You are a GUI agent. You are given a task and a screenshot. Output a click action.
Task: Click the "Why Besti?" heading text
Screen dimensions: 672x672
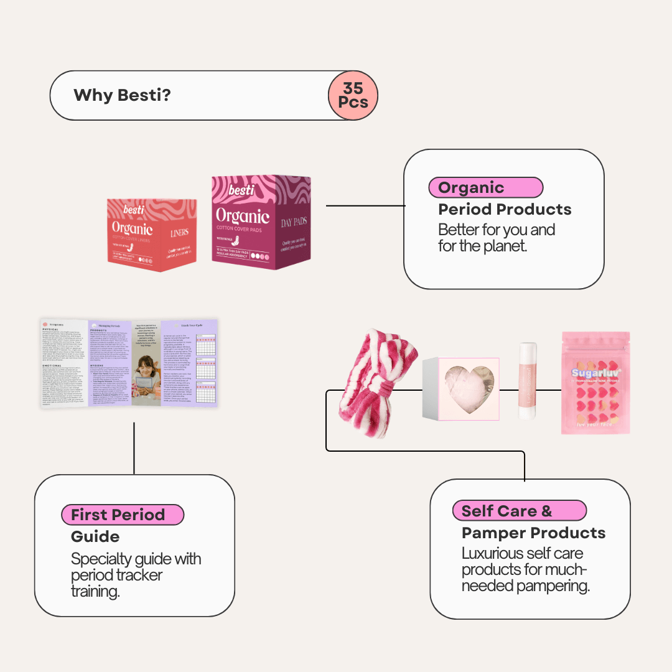click(122, 95)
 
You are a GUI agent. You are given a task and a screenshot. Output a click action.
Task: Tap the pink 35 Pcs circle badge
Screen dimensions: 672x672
click(353, 95)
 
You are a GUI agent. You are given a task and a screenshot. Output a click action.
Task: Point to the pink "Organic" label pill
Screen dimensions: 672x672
click(485, 187)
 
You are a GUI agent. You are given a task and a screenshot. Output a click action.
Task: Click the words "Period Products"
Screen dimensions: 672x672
click(505, 210)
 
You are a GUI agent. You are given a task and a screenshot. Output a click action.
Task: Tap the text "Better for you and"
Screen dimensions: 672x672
click(497, 230)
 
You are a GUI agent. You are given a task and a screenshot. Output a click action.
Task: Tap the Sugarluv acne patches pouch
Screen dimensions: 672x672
click(595, 382)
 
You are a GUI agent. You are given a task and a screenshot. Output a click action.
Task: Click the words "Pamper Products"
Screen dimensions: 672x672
click(533, 533)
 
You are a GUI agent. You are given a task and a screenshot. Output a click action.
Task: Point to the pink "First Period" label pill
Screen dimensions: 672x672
click(123, 515)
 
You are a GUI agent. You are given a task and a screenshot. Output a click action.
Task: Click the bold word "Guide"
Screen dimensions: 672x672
click(95, 536)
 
